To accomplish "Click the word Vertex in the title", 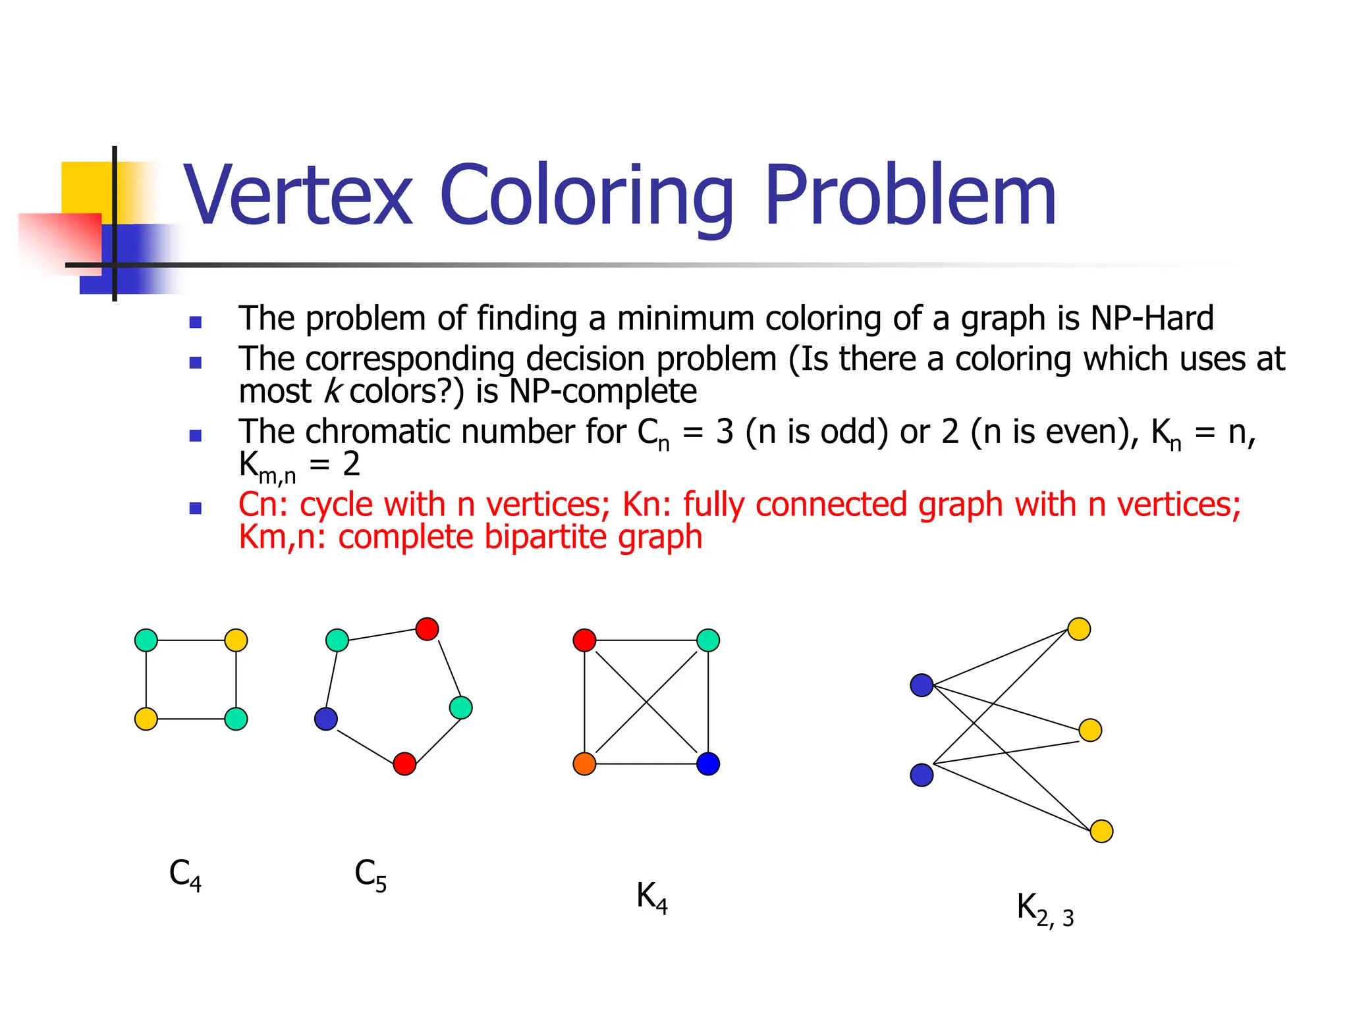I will click(x=298, y=196).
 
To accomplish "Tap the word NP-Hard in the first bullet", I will click(x=1151, y=319).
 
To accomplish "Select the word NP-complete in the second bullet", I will click(x=603, y=392).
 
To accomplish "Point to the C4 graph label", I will click(x=185, y=875).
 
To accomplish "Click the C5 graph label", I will click(x=370, y=875).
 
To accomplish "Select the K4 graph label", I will click(x=651, y=898).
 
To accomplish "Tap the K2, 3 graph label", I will click(x=1045, y=910).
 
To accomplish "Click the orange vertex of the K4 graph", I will click(x=584, y=764).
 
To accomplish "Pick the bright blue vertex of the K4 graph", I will click(x=708, y=764).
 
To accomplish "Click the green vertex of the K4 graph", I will click(x=708, y=640).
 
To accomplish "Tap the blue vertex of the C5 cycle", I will click(x=326, y=719).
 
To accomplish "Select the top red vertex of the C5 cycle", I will click(x=427, y=629).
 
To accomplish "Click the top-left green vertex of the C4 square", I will click(x=146, y=640).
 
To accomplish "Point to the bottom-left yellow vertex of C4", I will click(x=146, y=719).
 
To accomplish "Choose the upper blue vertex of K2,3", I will click(x=922, y=685).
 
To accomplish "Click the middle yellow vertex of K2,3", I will click(x=1090, y=730).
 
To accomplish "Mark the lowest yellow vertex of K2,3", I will click(x=1101, y=831).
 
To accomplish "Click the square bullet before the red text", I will click(x=195, y=508).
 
